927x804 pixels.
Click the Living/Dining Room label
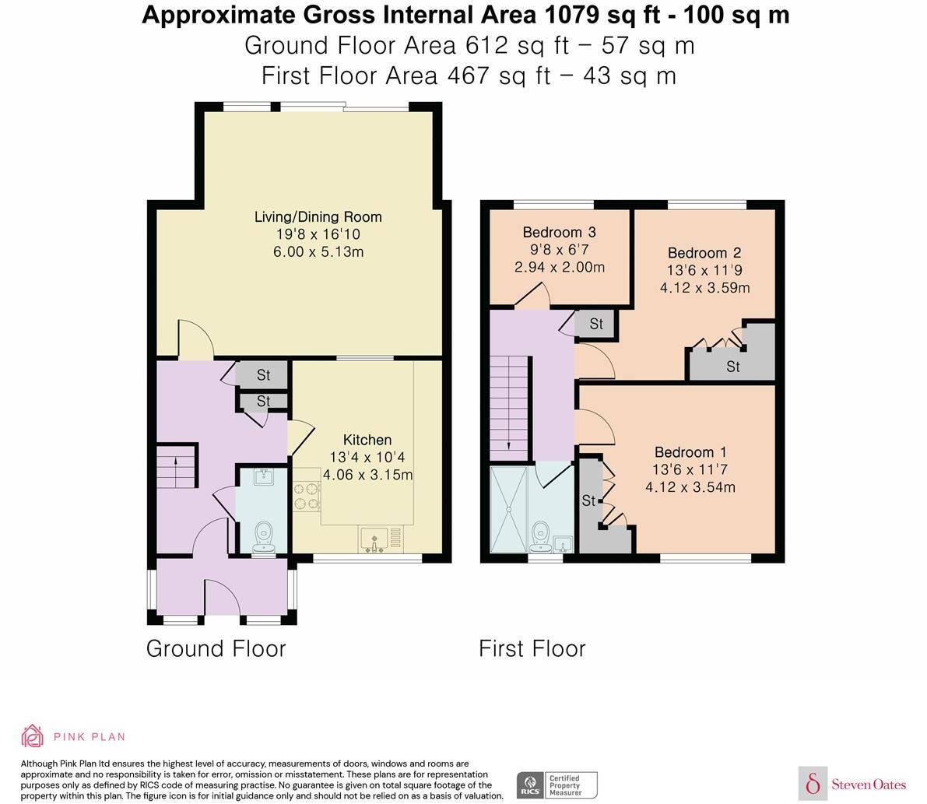pos(318,216)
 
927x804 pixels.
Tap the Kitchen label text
pos(367,441)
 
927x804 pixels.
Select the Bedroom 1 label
pos(690,452)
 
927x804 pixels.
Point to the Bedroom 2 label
pos(704,253)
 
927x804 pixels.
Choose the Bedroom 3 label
pos(559,232)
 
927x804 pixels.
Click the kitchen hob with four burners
pos(307,497)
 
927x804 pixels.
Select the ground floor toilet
pos(264,536)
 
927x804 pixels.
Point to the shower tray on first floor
pos(510,509)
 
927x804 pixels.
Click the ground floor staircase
pos(175,466)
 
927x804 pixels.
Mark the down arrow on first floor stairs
pos(508,446)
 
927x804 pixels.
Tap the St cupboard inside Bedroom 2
pos(732,366)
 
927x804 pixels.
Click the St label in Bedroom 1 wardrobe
pos(588,500)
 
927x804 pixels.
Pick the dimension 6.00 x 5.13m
pos(318,251)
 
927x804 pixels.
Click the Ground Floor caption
pos(216,648)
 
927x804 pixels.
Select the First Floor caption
pos(532,648)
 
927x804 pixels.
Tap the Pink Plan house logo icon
pos(33,736)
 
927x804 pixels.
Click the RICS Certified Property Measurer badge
pos(557,785)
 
